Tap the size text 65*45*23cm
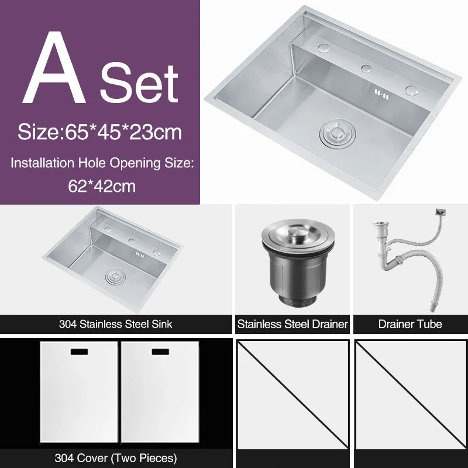[99, 131]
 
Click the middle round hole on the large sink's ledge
[367, 68]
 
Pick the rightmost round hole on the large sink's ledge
[412, 90]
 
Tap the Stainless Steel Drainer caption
[292, 324]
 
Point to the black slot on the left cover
[79, 353]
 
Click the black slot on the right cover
[160, 353]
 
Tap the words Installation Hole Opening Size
[101, 163]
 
